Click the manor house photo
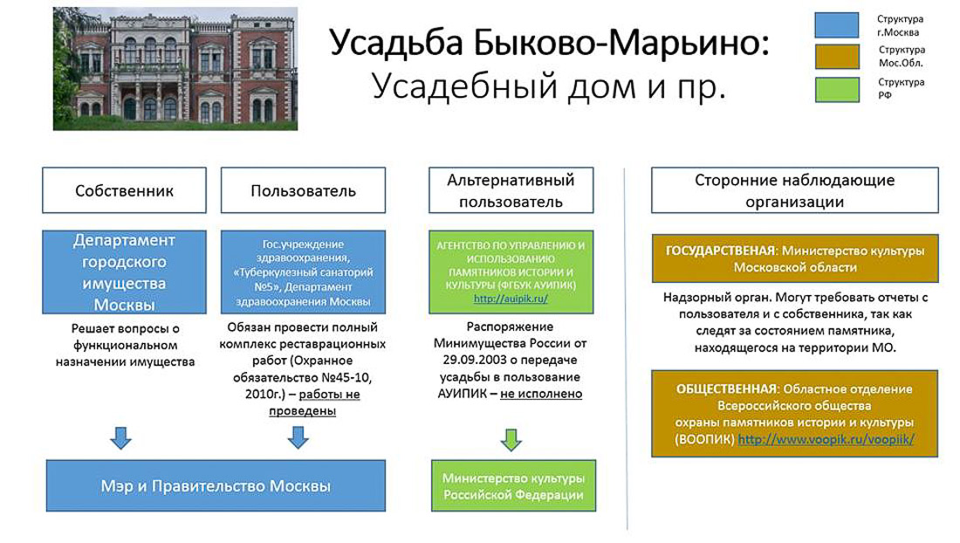[175, 68]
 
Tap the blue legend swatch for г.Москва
[836, 24]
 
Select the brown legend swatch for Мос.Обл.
[836, 57]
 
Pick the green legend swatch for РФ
[836, 89]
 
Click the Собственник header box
[124, 190]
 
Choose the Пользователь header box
[303, 190]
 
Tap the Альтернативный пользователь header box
[511, 190]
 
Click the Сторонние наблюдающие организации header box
[794, 190]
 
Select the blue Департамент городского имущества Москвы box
[124, 272]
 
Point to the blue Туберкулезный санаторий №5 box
[303, 272]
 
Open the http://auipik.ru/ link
[511, 298]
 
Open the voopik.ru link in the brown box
[826, 440]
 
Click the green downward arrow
[511, 438]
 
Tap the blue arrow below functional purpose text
[121, 436]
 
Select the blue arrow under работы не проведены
[298, 436]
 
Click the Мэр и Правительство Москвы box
[215, 485]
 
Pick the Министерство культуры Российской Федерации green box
[513, 486]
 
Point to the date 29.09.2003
[477, 361]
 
